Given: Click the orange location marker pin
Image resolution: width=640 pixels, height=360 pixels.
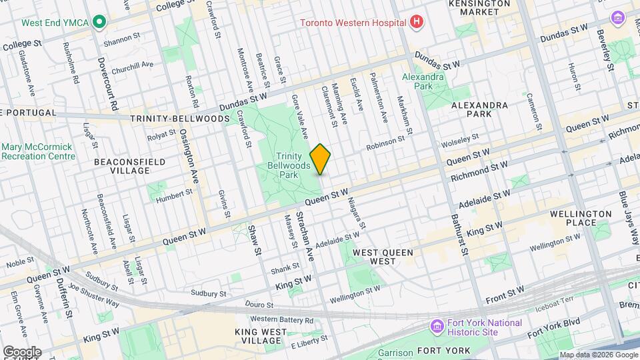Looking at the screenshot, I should coord(320,159).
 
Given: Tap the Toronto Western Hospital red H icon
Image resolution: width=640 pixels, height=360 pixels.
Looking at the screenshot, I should coord(417,22).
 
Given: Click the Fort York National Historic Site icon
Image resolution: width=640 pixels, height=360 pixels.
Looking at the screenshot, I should coord(437,327).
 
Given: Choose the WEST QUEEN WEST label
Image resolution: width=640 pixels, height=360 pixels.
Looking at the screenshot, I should coord(383,253).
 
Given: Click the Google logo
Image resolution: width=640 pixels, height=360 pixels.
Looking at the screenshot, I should coord(21,351).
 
